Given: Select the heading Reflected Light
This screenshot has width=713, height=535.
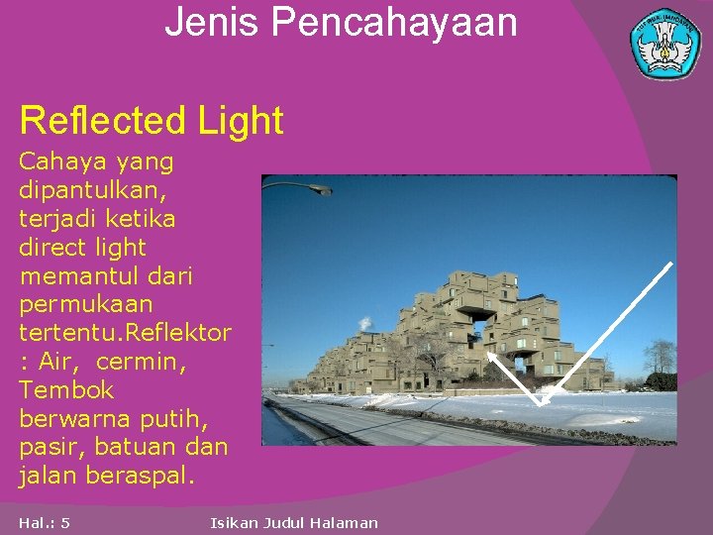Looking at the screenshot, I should (152, 121).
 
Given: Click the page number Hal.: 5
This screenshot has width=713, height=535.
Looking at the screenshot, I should (44, 522).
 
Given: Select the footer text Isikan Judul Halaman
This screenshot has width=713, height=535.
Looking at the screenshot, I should (294, 522).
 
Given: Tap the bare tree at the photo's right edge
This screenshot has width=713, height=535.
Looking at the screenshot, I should (659, 357).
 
